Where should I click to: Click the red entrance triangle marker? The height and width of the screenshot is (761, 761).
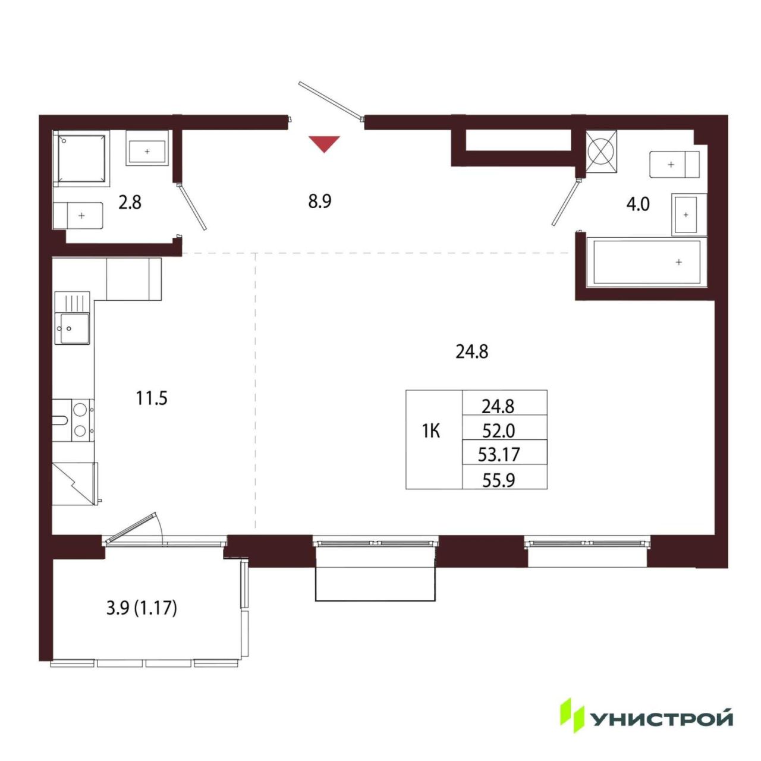click(324, 143)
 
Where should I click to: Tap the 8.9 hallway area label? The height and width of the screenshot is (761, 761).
click(319, 202)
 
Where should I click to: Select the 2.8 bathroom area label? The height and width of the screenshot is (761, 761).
click(130, 203)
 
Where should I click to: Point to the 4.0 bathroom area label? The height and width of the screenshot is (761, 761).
click(638, 205)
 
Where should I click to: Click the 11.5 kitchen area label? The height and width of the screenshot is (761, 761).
click(152, 398)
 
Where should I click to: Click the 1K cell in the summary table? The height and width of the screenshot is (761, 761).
click(431, 432)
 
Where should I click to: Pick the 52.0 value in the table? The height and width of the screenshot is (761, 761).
click(498, 431)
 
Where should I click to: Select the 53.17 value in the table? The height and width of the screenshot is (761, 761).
click(498, 455)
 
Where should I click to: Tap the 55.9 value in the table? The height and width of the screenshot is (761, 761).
click(498, 480)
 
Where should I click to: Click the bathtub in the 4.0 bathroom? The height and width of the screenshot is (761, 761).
click(646, 261)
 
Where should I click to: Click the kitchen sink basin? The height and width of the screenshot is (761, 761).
click(72, 328)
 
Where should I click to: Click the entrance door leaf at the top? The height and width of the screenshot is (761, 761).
click(331, 100)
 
